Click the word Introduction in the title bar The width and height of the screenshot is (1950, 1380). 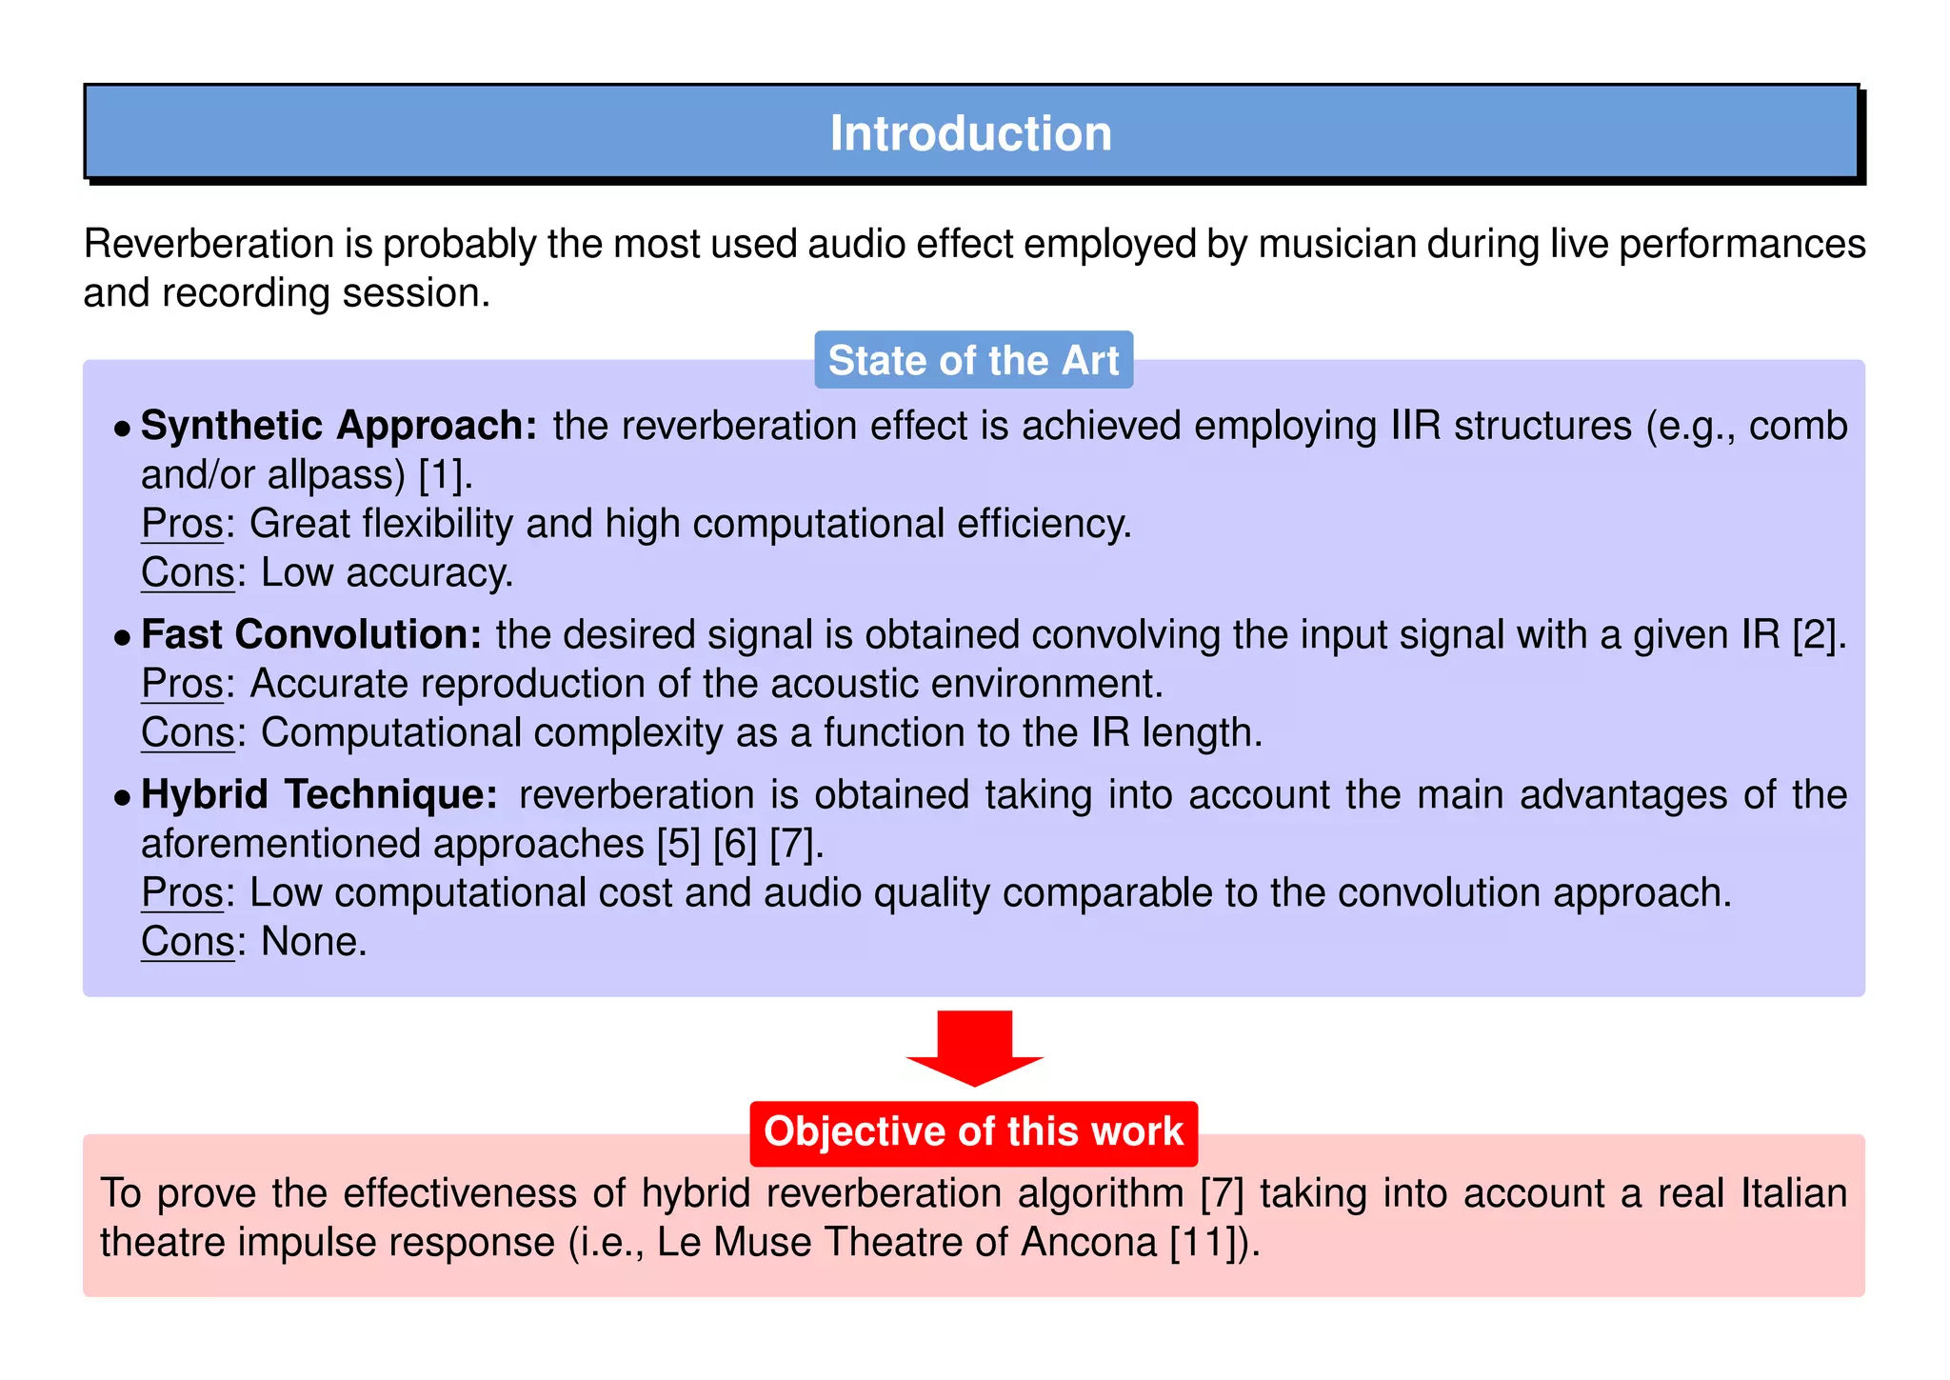click(x=970, y=133)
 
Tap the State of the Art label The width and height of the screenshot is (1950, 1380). click(x=973, y=361)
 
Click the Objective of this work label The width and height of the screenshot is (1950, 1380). click(x=973, y=1131)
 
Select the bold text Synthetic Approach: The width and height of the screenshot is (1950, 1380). click(x=339, y=426)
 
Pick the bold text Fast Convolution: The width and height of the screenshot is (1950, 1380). click(x=311, y=634)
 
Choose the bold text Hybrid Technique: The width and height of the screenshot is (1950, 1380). click(x=319, y=794)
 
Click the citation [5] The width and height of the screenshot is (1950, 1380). click(x=679, y=844)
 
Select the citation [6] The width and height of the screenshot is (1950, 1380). click(x=735, y=844)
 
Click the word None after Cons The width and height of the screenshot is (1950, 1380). click(x=313, y=942)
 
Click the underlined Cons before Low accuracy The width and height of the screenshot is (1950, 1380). click(x=188, y=572)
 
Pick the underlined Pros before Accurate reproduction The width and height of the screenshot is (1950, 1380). click(x=182, y=684)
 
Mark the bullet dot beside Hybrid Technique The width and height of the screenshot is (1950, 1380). click(x=121, y=797)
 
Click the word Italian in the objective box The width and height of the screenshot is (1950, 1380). click(x=1794, y=1193)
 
